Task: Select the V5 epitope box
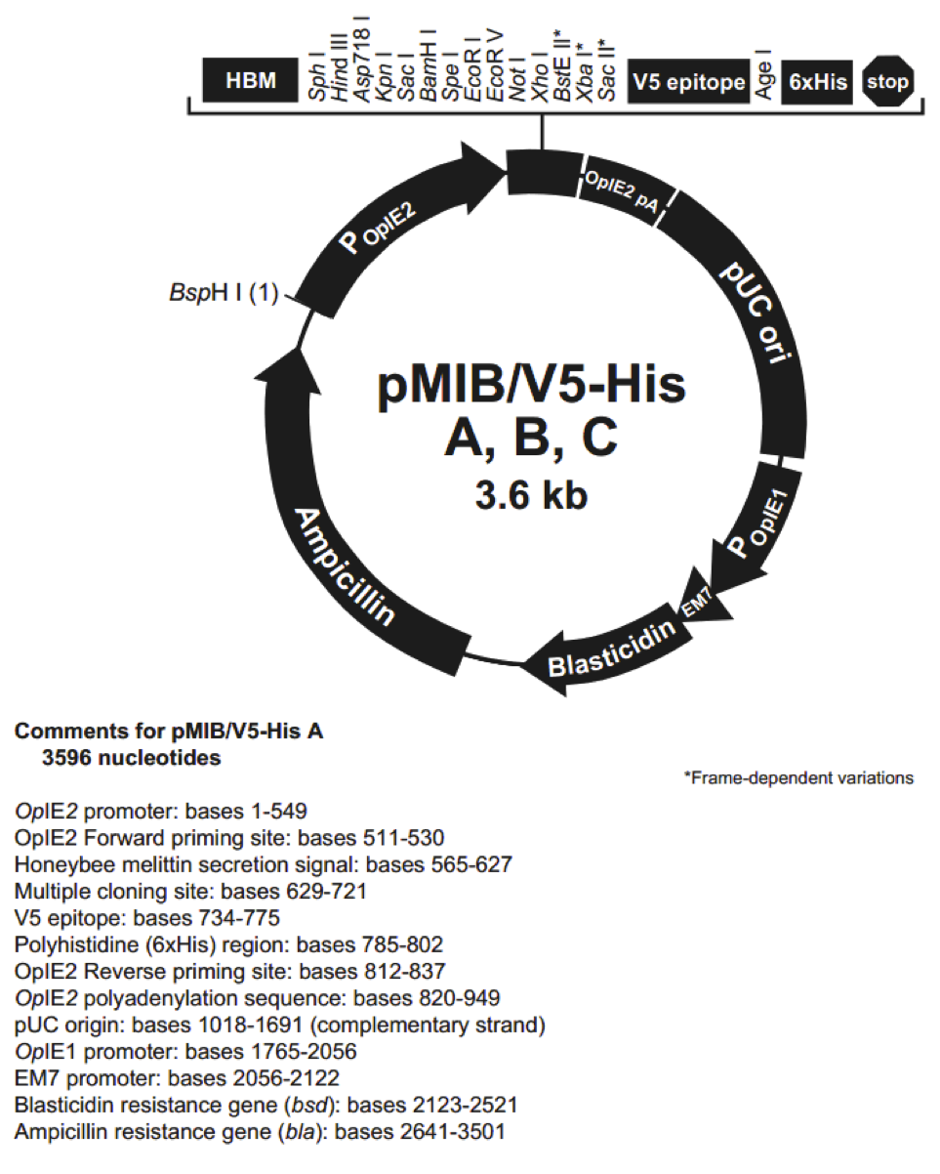pos(688,82)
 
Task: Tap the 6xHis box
pos(817,82)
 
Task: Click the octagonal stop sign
pos(887,82)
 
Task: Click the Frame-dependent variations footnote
pos(798,777)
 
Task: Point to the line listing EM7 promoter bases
pos(177,1079)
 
